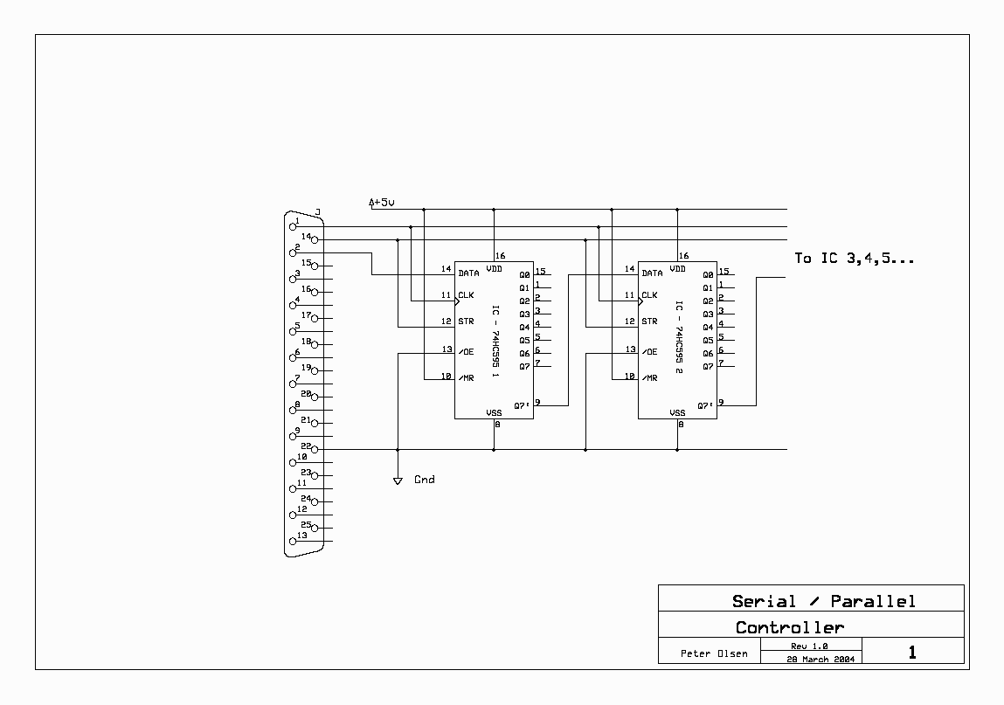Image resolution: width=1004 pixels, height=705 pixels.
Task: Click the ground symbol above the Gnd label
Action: tap(398, 480)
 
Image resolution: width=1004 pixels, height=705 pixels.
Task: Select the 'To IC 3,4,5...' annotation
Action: tap(855, 259)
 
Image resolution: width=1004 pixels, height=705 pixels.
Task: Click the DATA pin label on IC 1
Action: tap(468, 273)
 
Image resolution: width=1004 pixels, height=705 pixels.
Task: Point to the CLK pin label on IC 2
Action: tap(649, 295)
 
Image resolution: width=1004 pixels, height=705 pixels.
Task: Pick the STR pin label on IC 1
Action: tap(466, 321)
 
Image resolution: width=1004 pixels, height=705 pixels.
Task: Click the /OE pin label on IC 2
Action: tap(649, 352)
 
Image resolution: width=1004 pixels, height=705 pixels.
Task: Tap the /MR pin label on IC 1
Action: tap(466, 378)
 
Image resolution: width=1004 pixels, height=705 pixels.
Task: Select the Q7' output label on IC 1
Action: tap(522, 406)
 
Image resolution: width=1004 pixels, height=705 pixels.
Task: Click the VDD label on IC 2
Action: tap(677, 269)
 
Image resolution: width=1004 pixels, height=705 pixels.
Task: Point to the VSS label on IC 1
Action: tap(495, 413)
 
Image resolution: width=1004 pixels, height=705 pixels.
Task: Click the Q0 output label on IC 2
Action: tap(708, 275)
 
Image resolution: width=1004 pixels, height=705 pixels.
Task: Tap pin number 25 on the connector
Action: tap(306, 524)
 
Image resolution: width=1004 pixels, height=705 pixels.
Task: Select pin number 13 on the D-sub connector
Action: tap(302, 536)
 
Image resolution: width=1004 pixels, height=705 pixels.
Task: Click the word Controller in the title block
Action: tap(790, 627)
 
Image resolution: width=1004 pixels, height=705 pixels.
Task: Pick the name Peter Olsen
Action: tap(714, 653)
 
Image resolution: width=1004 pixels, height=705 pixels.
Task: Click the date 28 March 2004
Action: tap(821, 659)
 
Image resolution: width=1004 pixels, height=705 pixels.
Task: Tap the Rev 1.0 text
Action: tap(809, 646)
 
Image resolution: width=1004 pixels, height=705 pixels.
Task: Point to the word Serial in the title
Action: tap(764, 601)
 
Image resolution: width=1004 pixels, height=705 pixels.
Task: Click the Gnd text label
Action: tap(425, 480)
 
